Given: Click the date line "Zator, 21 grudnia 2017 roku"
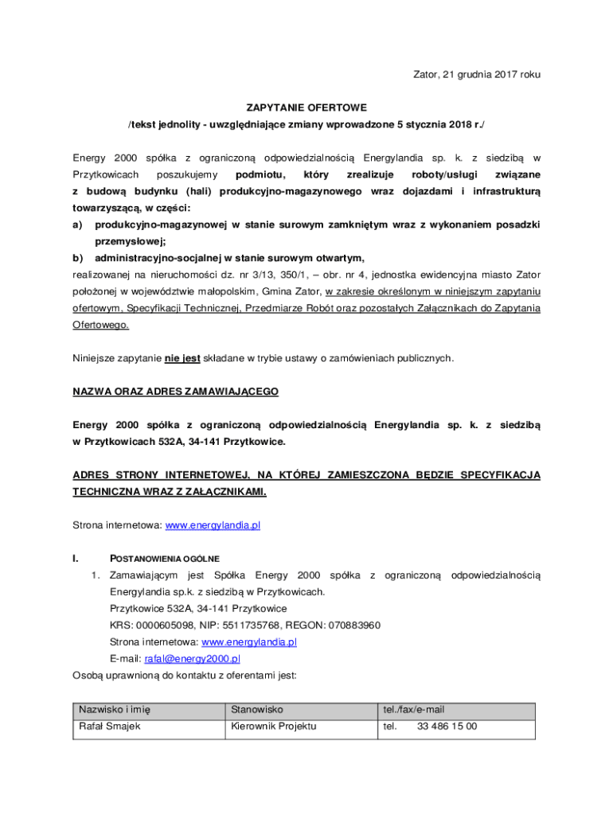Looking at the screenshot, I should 476,75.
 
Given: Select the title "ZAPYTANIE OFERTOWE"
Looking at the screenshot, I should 306,107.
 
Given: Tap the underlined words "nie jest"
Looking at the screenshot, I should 182,358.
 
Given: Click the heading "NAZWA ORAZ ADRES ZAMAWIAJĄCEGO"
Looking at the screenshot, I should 176,392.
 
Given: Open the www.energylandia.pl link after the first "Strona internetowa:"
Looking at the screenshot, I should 213,525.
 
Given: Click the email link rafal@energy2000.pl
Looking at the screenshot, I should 192,659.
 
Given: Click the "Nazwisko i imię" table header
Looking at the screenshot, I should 115,710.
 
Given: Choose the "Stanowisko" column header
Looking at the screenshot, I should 257,710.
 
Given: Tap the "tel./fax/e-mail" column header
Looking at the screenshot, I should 414,710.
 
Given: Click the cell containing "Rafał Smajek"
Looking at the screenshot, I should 109,727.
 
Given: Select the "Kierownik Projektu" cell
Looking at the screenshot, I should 274,727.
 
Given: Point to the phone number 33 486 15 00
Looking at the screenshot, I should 447,727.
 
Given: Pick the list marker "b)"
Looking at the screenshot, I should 78,258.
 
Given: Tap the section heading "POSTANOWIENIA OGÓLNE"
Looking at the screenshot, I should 165,559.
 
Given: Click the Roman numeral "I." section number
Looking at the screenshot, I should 76,559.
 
